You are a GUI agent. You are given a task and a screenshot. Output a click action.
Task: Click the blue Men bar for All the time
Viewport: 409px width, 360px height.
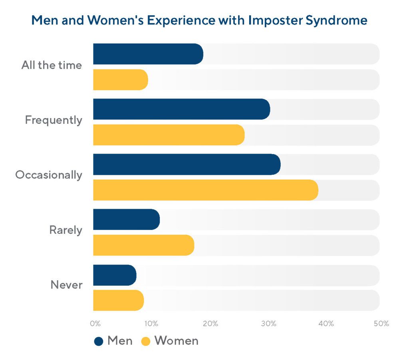tap(148, 54)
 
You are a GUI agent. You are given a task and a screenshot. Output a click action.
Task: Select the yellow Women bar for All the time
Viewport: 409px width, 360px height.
tap(120, 80)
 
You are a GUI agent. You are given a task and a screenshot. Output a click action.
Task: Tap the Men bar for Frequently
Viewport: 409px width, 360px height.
tap(181, 109)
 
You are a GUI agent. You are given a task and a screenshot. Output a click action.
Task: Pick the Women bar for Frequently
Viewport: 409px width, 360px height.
tap(169, 135)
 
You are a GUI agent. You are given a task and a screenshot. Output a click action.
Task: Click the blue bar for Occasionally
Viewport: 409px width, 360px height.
tap(187, 164)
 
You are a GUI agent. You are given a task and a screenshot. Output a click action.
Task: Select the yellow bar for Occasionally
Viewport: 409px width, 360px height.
tap(205, 190)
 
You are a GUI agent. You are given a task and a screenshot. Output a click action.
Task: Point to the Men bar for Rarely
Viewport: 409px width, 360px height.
tap(126, 220)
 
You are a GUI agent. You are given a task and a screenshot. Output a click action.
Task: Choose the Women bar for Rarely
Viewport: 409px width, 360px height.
tap(143, 245)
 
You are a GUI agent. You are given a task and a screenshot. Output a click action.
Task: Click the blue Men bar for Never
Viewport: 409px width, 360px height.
tap(115, 275)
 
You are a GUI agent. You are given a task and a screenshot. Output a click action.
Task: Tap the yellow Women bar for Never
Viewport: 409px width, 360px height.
tap(118, 301)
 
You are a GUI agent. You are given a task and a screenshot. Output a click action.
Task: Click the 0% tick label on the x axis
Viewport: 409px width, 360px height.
tap(95, 323)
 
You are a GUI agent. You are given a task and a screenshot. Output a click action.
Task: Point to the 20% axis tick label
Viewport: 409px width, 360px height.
tap(210, 323)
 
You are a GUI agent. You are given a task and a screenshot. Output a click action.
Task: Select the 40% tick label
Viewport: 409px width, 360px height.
tap(326, 323)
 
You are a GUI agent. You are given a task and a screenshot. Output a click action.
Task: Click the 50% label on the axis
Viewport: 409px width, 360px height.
tap(381, 323)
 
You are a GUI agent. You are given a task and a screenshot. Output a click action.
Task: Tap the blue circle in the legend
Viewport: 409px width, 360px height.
tap(99, 341)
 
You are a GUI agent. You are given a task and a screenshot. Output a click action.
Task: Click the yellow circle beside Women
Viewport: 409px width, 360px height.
tap(146, 341)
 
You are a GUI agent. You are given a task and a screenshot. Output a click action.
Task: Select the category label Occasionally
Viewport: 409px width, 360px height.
tap(49, 175)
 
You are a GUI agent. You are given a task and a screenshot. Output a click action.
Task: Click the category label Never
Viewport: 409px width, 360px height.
tap(66, 285)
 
